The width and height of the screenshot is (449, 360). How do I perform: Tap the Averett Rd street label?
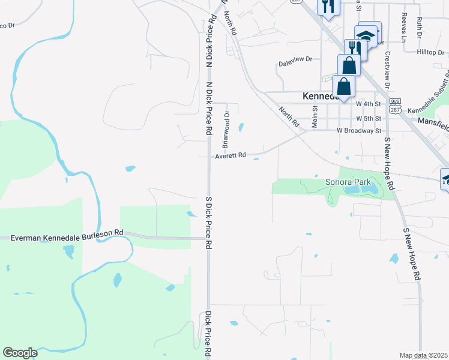231,155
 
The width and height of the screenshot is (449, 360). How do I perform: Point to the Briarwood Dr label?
226,129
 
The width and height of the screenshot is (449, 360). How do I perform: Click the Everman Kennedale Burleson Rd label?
67,238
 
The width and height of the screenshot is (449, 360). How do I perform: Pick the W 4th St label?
369,104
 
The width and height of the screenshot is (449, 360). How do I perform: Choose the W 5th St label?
369,118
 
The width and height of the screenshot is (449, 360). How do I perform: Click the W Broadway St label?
359,130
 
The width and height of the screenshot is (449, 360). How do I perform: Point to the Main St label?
314,117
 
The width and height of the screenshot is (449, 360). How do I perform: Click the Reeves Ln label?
404,27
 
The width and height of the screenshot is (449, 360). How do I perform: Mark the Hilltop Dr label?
430,52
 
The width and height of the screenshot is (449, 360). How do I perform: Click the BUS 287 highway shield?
394,106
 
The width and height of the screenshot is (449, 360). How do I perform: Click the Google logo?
20,353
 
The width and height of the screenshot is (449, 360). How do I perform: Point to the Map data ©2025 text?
423,355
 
